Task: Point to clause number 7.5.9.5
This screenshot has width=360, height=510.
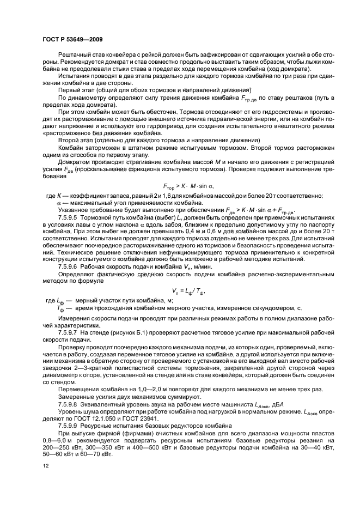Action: pyautogui.click(x=69, y=217)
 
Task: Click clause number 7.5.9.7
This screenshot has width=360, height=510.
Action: pyautogui.click(x=69, y=332)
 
